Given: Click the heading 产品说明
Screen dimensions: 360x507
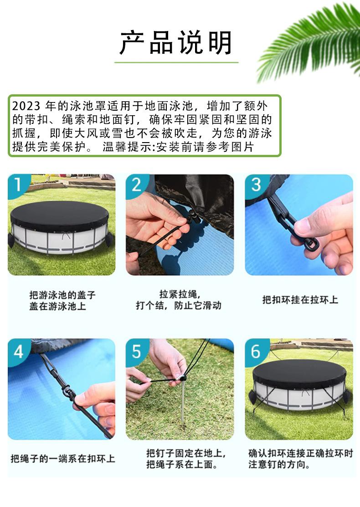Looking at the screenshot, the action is pyautogui.click(x=176, y=42).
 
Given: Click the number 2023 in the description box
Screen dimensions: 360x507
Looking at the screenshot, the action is pyautogui.click(x=26, y=106).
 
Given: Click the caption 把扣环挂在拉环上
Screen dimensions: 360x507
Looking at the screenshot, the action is pyautogui.click(x=300, y=300).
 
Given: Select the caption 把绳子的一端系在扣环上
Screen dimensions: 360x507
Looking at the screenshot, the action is pyautogui.click(x=63, y=458).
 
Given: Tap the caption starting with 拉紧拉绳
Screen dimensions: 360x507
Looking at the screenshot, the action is pyautogui.click(x=179, y=300).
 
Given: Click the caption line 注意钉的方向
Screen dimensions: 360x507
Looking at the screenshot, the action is pyautogui.click(x=279, y=464).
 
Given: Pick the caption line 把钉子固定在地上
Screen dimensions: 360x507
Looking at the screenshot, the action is pyautogui.click(x=185, y=453).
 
